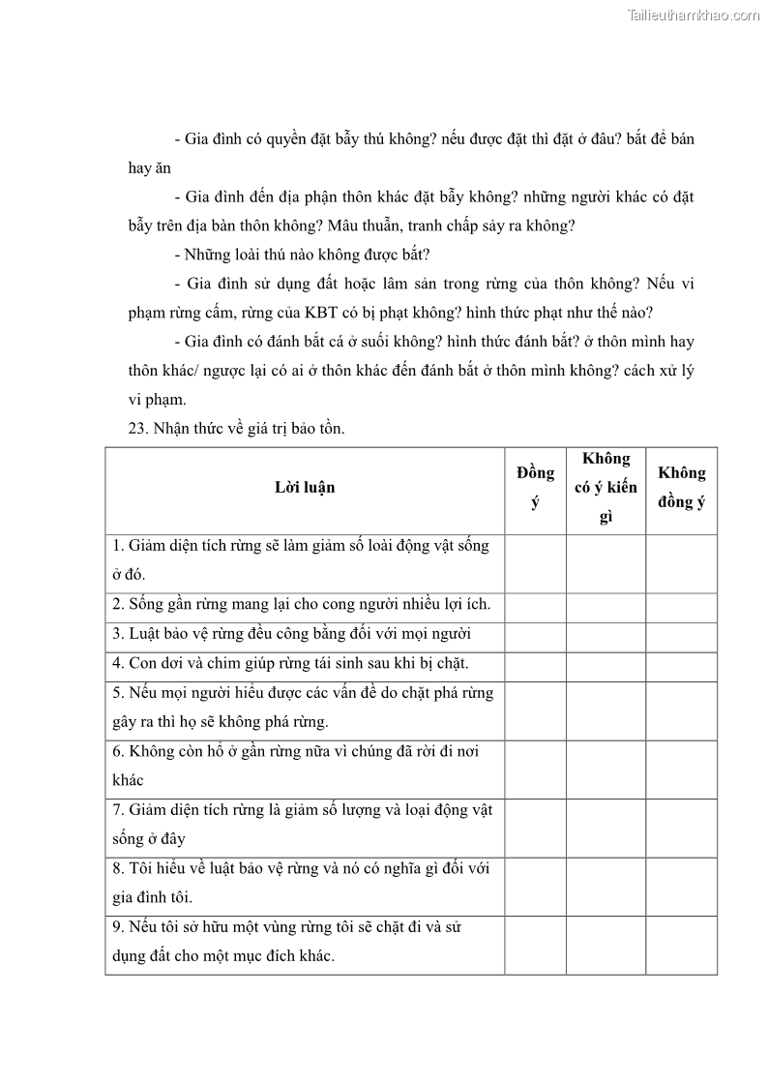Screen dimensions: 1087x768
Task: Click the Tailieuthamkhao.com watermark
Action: (694, 15)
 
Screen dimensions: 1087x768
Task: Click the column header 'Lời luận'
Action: (305, 488)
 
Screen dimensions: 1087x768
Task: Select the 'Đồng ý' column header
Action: (535, 488)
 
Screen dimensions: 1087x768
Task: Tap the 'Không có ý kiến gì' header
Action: (606, 488)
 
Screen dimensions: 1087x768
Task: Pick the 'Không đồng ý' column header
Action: (682, 488)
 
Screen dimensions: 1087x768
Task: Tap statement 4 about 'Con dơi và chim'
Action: (290, 664)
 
